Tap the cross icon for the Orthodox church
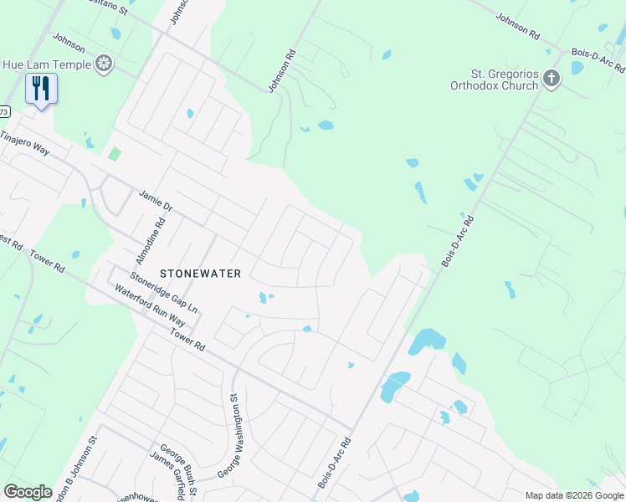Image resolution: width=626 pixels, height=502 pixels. point(551,79)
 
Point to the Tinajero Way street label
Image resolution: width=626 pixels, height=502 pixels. point(25,143)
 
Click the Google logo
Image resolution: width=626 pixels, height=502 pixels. point(28,492)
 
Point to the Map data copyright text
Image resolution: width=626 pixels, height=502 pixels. point(573,495)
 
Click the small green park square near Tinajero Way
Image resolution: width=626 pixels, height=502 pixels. point(114,155)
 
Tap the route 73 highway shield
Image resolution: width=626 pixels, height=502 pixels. point(4,111)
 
